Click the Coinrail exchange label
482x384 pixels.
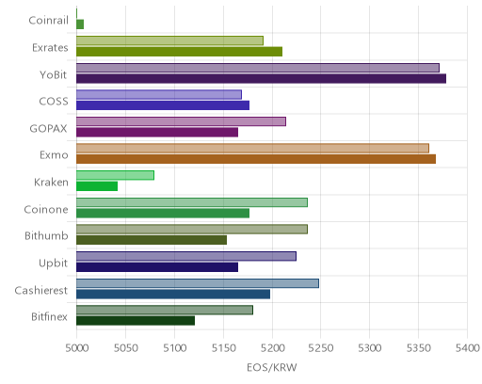pyautogui.click(x=48, y=21)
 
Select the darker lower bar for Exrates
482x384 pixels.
pyautogui.click(x=179, y=52)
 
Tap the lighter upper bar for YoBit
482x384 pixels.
pyautogui.click(x=258, y=68)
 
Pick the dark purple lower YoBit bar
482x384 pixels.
pyautogui.click(x=261, y=78)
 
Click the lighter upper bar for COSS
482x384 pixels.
pyautogui.click(x=159, y=95)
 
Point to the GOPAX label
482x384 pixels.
pyautogui.click(x=48, y=129)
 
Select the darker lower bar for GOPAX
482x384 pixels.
pyautogui.click(x=157, y=133)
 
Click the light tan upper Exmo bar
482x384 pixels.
pyautogui.click(x=252, y=149)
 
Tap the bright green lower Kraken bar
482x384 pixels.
pyautogui.click(x=97, y=186)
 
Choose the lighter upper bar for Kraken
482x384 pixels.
pyautogui.click(x=115, y=175)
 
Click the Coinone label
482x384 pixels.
pyautogui.click(x=46, y=209)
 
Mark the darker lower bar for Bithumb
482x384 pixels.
pyautogui.click(x=152, y=240)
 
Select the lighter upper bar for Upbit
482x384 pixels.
pyautogui.click(x=186, y=256)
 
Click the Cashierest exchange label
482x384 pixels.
pyautogui.click(x=41, y=290)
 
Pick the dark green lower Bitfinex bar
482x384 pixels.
pyautogui.click(x=136, y=321)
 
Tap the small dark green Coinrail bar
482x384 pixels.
pyautogui.click(x=80, y=24)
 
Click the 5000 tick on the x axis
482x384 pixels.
pyautogui.click(x=76, y=348)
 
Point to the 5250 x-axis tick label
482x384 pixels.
pyautogui.click(x=320, y=348)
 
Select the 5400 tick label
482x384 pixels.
pyautogui.click(x=467, y=348)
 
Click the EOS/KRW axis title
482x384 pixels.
pyautogui.click(x=272, y=368)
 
